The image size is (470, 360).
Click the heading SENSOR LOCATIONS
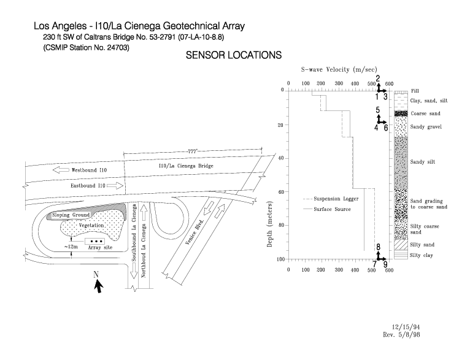click(x=234, y=55)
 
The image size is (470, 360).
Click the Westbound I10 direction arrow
click(x=61, y=170)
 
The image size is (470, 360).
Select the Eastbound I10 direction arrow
click(x=115, y=186)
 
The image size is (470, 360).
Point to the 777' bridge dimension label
click(x=192, y=151)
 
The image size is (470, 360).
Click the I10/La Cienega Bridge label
click(x=186, y=166)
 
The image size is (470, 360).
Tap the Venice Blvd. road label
click(x=195, y=231)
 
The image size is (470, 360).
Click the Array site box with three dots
click(x=94, y=241)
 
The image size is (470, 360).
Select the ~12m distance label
click(x=71, y=247)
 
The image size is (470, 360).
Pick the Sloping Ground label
click(x=71, y=215)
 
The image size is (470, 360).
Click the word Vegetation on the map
click(x=91, y=225)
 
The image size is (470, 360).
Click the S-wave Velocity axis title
click(x=339, y=70)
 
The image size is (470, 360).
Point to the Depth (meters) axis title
click(x=269, y=224)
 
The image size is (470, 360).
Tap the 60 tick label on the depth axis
click(x=281, y=192)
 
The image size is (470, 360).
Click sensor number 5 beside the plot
click(x=378, y=110)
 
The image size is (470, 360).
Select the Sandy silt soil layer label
click(x=423, y=162)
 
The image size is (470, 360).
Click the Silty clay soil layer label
click(x=421, y=256)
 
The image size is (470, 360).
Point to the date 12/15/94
click(x=406, y=327)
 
